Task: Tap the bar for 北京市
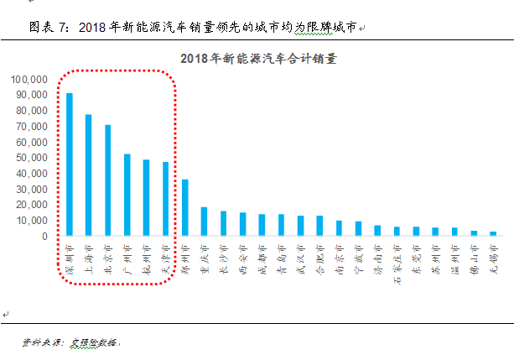(x=107, y=180)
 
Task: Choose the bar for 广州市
(x=127, y=194)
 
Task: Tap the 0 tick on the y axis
(x=45, y=237)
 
